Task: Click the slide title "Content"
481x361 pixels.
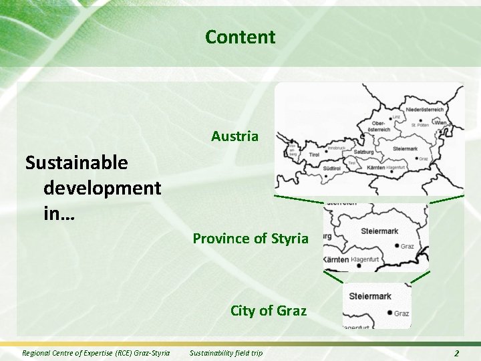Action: click(240, 37)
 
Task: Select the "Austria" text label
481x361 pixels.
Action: click(234, 136)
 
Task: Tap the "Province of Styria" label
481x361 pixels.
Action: click(251, 238)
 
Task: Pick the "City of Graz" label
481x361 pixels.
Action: click(269, 310)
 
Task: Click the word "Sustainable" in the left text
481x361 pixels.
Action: click(76, 162)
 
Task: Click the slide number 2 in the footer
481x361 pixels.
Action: click(456, 353)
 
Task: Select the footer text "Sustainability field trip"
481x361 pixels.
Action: click(226, 353)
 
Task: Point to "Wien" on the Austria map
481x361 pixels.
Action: click(441, 123)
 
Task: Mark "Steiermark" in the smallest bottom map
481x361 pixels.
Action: click(370, 296)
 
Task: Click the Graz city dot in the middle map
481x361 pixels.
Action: click(397, 246)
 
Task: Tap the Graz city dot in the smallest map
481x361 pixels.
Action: click(389, 313)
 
